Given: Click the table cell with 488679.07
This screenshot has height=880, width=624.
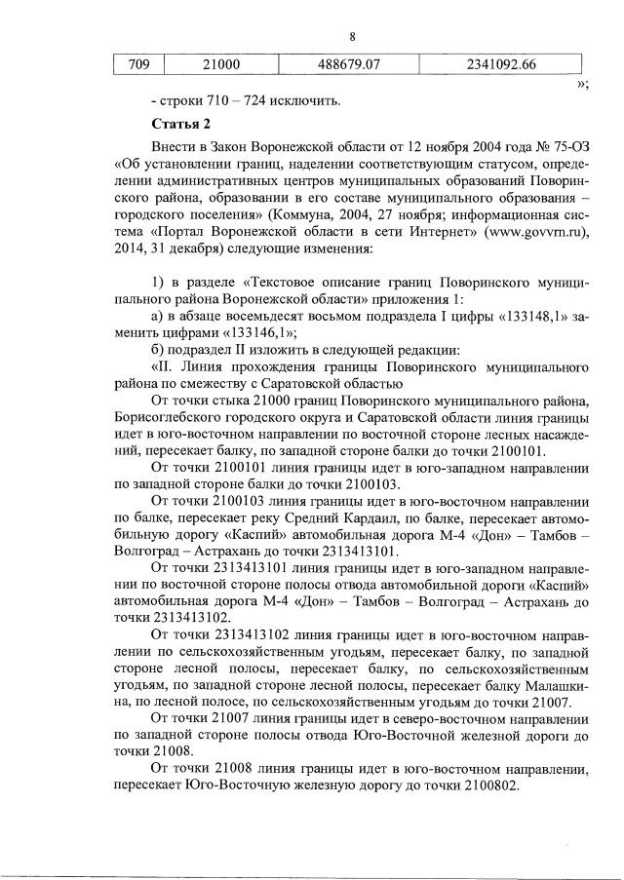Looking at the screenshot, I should tap(348, 65).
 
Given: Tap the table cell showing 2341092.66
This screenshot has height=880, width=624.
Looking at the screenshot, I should tap(501, 65).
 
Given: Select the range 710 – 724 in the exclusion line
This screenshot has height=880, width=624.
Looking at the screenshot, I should tap(241, 99).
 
